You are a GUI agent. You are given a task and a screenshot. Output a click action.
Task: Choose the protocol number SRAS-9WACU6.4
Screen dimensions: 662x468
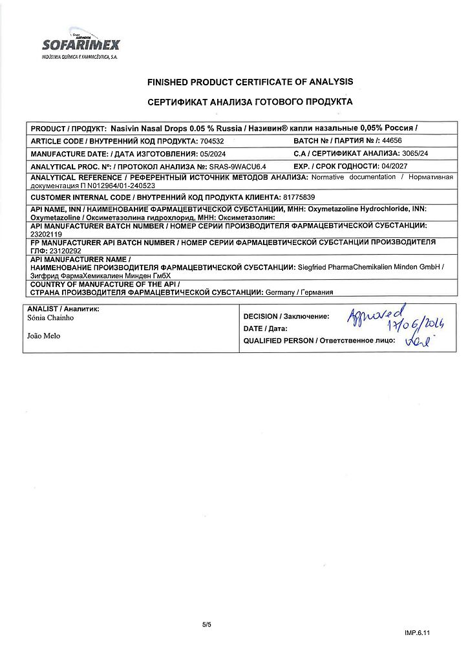(x=238, y=167)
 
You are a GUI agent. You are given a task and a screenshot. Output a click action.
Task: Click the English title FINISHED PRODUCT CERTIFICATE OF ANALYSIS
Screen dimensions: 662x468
(x=250, y=82)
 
